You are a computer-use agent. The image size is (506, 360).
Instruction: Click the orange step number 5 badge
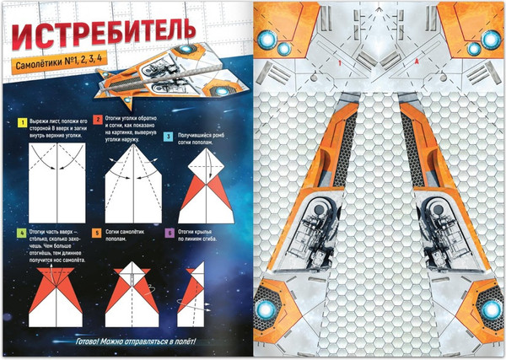click(99, 232)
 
